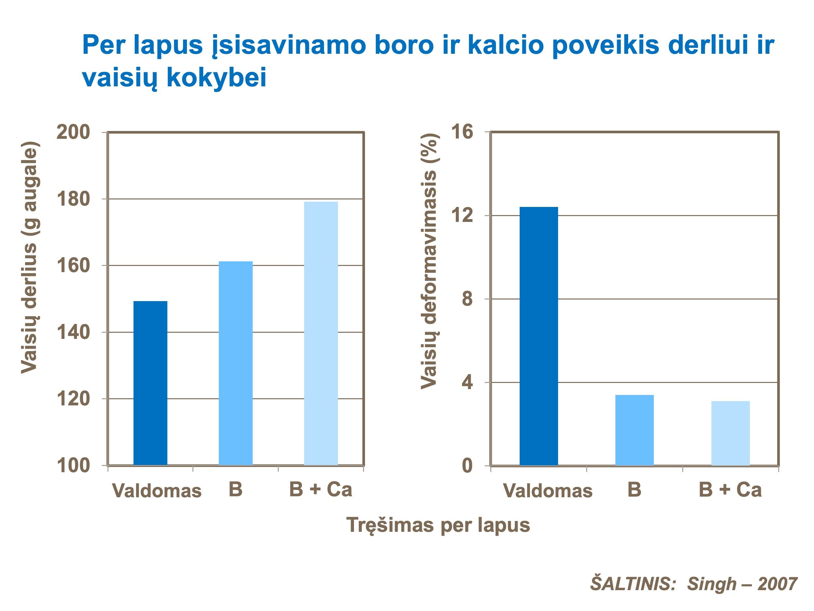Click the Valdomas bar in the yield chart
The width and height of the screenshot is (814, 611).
[150, 383]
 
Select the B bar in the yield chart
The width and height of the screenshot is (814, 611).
[235, 363]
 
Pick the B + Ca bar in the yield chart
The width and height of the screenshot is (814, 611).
[321, 333]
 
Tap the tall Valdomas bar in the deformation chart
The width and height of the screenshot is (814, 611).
[539, 336]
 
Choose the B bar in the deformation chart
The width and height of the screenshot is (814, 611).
[634, 430]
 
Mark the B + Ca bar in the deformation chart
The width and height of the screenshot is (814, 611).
[730, 433]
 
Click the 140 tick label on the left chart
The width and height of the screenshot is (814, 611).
[73, 332]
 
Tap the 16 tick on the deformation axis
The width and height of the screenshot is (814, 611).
[462, 132]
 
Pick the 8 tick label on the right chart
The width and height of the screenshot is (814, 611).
[467, 299]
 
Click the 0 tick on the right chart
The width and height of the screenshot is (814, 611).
[467, 466]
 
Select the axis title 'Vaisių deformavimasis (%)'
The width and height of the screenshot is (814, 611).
[429, 261]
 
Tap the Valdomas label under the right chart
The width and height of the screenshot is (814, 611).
[548, 490]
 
